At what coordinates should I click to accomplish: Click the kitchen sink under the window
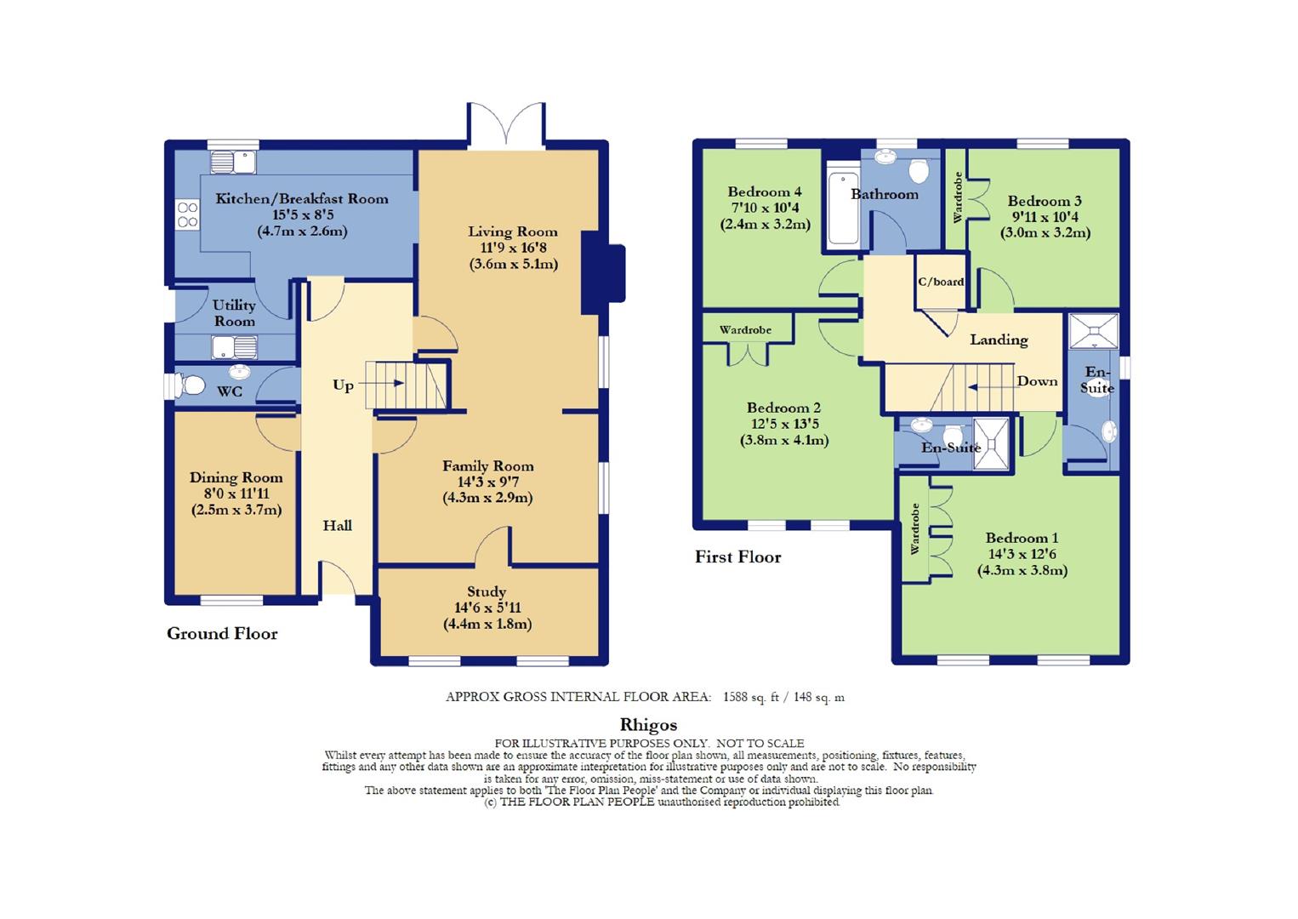click(233, 163)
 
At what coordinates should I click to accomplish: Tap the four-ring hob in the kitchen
click(188, 214)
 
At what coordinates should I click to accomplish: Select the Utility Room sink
click(235, 348)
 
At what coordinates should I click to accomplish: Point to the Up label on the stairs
click(343, 386)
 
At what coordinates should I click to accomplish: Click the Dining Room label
click(236, 477)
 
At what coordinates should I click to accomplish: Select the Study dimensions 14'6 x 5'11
click(487, 608)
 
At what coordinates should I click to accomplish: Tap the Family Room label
click(488, 466)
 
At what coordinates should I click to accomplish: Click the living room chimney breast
click(602, 273)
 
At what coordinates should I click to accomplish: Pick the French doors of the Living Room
click(506, 126)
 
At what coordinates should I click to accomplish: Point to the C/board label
click(941, 282)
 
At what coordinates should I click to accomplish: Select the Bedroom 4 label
click(765, 192)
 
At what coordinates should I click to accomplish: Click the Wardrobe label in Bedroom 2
click(745, 330)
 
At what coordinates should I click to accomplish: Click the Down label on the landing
click(1037, 381)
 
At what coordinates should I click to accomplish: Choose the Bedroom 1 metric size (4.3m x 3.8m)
click(1022, 570)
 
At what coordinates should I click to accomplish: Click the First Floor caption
click(738, 557)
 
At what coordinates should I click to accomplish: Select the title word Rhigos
click(648, 725)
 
